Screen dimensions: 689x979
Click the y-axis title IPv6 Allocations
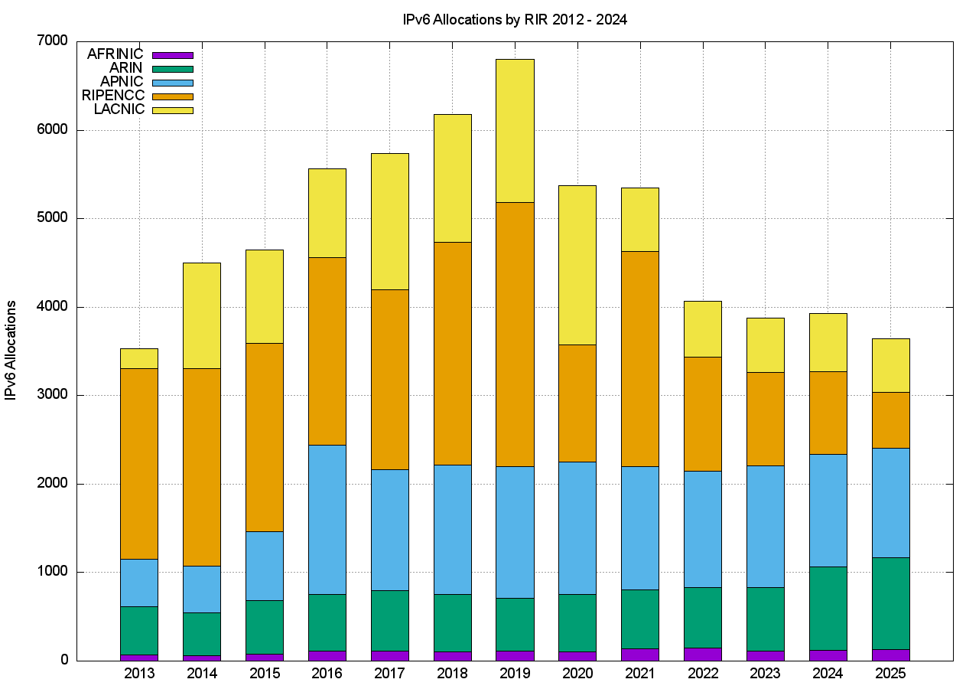[11, 350]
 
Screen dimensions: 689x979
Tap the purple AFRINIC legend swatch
[173, 55]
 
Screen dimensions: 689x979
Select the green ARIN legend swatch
[173, 69]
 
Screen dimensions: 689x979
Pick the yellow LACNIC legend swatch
[173, 110]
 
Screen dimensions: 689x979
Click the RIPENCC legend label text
[113, 96]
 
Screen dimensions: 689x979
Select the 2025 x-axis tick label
[890, 674]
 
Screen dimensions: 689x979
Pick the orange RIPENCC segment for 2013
[139, 463]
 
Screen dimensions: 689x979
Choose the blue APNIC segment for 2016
[327, 519]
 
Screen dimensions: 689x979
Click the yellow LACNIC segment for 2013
[139, 358]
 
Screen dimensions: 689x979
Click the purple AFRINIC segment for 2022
[702, 654]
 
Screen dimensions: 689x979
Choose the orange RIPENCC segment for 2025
[890, 420]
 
